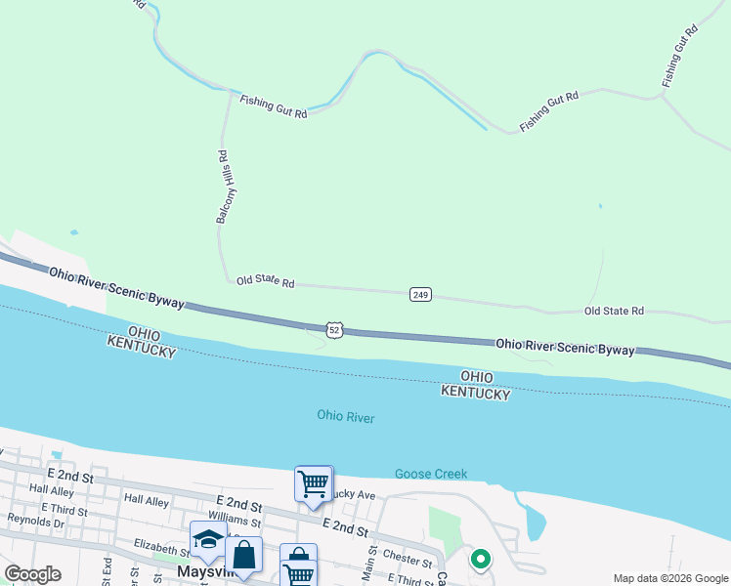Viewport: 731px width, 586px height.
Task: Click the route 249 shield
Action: click(420, 295)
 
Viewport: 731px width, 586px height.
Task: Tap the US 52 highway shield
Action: click(334, 331)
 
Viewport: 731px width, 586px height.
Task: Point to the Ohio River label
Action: click(346, 417)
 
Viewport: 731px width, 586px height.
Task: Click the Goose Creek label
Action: click(430, 475)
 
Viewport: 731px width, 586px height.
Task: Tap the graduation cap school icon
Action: click(209, 540)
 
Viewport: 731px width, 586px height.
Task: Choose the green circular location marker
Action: click(480, 560)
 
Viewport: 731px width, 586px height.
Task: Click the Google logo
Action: click(33, 574)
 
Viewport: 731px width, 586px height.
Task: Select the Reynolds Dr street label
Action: click(35, 523)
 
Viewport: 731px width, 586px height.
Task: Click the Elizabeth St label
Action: click(161, 552)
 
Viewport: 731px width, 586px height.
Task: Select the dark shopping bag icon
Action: click(244, 556)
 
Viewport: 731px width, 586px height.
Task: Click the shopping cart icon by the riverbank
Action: click(313, 483)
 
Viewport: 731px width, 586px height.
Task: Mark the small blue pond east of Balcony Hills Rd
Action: click(599, 206)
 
